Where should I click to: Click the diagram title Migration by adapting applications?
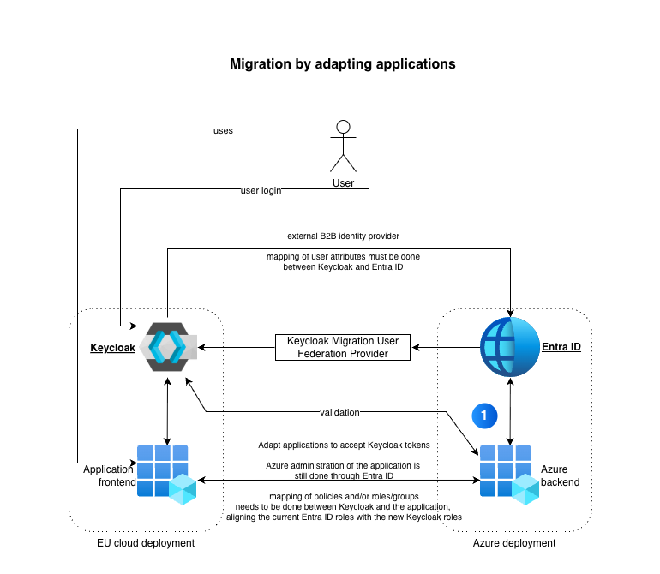pyautogui.click(x=342, y=64)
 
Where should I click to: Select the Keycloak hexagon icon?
pyautogui.click(x=167, y=346)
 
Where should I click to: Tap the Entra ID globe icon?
pyautogui.click(x=510, y=346)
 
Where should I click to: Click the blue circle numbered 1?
pyautogui.click(x=484, y=415)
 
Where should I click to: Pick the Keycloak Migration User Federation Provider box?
pyautogui.click(x=343, y=347)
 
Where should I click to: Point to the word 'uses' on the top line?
pyautogui.click(x=223, y=130)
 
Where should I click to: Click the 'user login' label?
pyautogui.click(x=261, y=190)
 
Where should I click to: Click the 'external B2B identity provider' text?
pyautogui.click(x=343, y=235)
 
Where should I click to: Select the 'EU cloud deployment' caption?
pyautogui.click(x=146, y=543)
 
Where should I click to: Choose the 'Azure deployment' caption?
pyautogui.click(x=514, y=543)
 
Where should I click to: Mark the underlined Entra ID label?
pyautogui.click(x=561, y=347)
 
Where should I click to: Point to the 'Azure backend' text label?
pyautogui.click(x=560, y=475)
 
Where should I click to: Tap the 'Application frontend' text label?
pyautogui.click(x=109, y=475)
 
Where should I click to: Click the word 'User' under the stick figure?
pyautogui.click(x=343, y=182)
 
